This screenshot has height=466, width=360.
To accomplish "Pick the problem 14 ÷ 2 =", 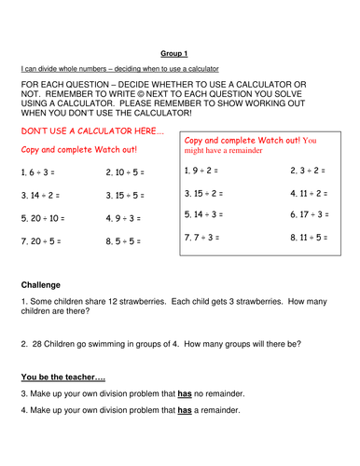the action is point(43,195).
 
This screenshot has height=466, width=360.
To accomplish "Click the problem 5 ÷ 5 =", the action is point(125,240).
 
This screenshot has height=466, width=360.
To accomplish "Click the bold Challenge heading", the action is point(42,283).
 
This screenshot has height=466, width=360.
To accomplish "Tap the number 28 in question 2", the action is point(35,343).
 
